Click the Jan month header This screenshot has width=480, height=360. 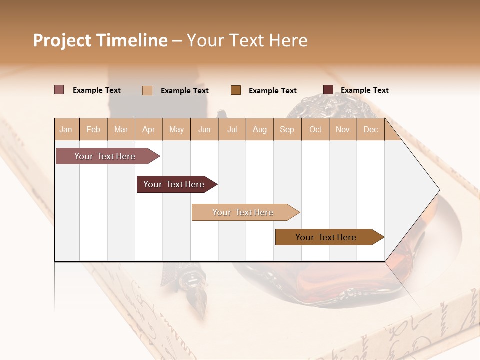[66, 130]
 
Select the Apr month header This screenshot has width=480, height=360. [149, 130]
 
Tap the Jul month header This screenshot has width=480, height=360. [232, 130]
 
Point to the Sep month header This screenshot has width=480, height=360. [287, 130]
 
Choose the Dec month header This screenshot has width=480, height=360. [370, 130]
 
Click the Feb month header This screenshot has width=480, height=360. [93, 130]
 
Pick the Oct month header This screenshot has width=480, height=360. [315, 130]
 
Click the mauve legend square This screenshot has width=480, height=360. [59, 90]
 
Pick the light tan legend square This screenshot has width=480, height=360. [147, 90]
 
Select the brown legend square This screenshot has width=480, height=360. [236, 90]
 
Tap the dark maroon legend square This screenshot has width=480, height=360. [328, 90]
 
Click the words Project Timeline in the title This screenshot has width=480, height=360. [100, 40]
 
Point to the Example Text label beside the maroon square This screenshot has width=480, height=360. [364, 90]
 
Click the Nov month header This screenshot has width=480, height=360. [343, 130]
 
